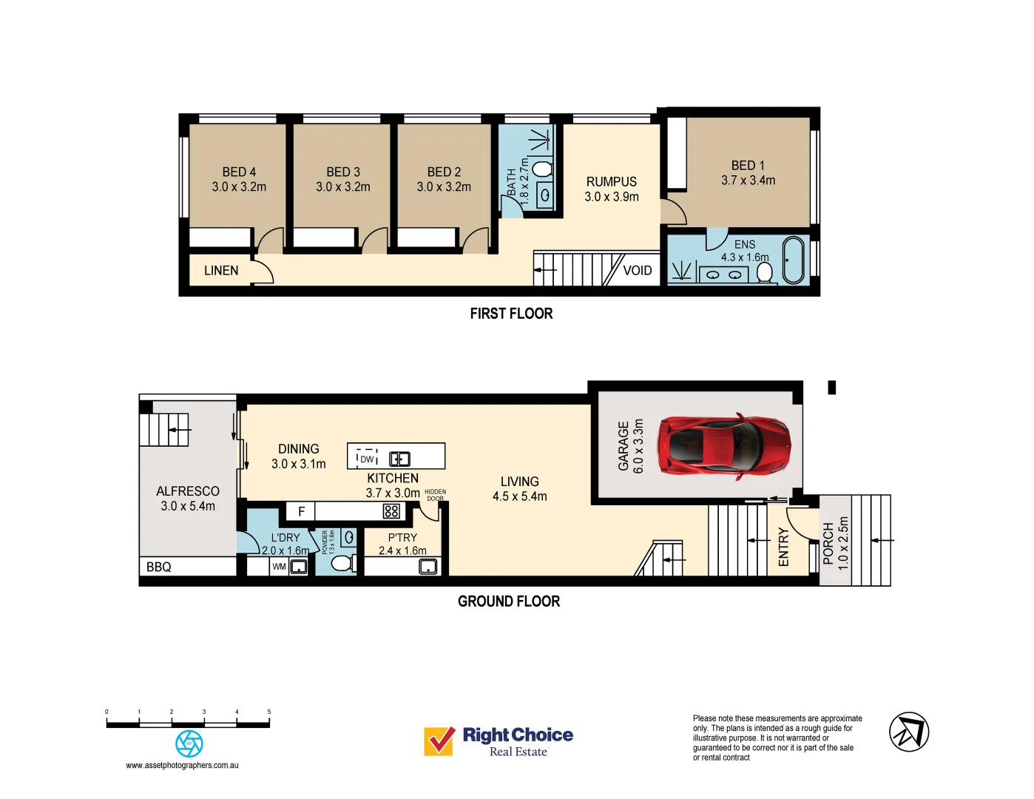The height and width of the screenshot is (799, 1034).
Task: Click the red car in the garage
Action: [x=724, y=446]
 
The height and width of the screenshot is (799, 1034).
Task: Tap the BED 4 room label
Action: [x=239, y=172]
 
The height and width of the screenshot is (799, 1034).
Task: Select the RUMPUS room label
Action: [x=611, y=182]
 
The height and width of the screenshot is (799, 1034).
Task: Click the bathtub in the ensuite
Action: [x=793, y=260]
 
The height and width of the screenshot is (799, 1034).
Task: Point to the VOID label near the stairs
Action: [x=638, y=271]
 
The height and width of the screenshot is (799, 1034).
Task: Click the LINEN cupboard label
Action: [x=221, y=271]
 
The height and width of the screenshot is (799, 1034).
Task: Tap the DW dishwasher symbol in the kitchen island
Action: [x=367, y=459]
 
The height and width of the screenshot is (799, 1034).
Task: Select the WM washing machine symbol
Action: [x=279, y=567]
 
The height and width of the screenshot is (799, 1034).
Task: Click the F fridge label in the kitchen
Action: [x=301, y=511]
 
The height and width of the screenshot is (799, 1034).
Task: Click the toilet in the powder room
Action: [x=341, y=564]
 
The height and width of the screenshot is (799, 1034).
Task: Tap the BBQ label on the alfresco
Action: [x=159, y=567]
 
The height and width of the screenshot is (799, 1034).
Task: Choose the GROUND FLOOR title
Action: [x=509, y=601]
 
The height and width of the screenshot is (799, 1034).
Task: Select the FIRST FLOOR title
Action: [x=511, y=314]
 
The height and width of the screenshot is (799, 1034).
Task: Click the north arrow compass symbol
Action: [x=908, y=732]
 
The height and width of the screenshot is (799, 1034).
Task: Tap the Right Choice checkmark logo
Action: [x=439, y=741]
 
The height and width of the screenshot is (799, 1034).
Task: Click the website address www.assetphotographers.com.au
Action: [x=182, y=766]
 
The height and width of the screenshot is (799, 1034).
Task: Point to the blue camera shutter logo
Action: [x=189, y=744]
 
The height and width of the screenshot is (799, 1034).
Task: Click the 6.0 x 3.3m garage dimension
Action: [x=638, y=446]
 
